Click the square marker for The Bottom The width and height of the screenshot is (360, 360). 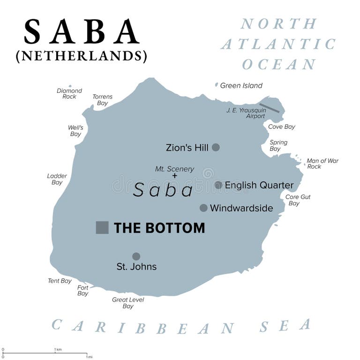tap(102, 227)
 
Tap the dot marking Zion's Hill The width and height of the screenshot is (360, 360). tap(216, 147)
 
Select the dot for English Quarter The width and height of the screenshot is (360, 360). tap(218, 185)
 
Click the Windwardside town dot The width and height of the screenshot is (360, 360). tap(203, 208)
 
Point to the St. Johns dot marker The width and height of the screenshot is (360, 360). tap(136, 256)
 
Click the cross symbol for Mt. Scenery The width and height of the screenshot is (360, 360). tap(175, 176)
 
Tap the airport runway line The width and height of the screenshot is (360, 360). tap(270, 108)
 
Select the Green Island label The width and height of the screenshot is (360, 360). tap(241, 86)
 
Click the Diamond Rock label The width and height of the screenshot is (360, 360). tap(69, 93)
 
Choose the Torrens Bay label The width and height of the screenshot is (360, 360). tap(102, 100)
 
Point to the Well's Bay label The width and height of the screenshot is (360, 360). tap(75, 131)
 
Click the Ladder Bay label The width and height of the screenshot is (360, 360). tap(57, 179)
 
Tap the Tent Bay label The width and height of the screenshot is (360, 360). tap(60, 281)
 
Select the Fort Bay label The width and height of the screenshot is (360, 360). tap(83, 291)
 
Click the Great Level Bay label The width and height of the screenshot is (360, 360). tap(128, 303)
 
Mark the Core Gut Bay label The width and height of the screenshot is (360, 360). tap(298, 200)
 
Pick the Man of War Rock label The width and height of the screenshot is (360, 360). tap(322, 164)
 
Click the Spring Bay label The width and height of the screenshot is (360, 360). tap(278, 145)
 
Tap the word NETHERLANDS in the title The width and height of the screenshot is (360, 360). tap(82, 56)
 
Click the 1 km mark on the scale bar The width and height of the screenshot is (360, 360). tap(58, 353)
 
